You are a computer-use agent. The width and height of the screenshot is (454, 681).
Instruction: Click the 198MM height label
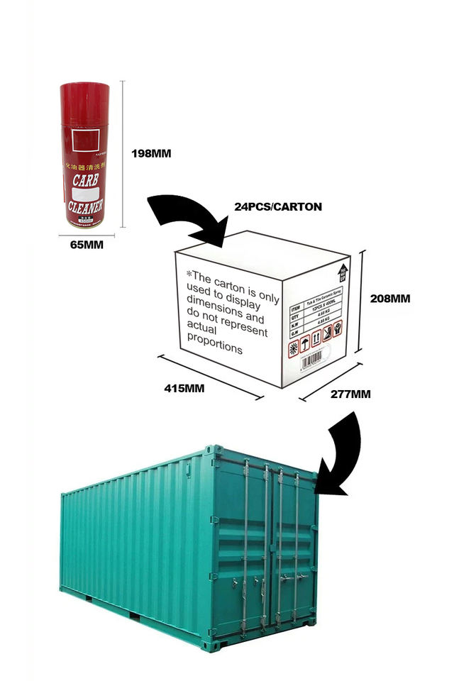(152, 153)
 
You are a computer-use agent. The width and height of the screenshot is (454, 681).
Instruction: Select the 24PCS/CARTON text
(278, 207)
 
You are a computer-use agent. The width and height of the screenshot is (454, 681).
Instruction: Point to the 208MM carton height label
(390, 299)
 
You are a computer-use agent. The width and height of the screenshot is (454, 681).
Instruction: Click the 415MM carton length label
(185, 389)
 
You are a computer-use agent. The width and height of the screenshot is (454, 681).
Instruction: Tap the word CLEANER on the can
(87, 207)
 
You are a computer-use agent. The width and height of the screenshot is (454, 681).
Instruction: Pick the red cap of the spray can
(84, 92)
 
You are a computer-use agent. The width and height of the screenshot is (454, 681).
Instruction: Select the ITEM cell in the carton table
(296, 309)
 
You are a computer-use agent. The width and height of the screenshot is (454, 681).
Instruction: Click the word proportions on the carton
(214, 349)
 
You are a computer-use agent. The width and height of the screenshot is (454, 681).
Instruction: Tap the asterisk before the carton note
(189, 275)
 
